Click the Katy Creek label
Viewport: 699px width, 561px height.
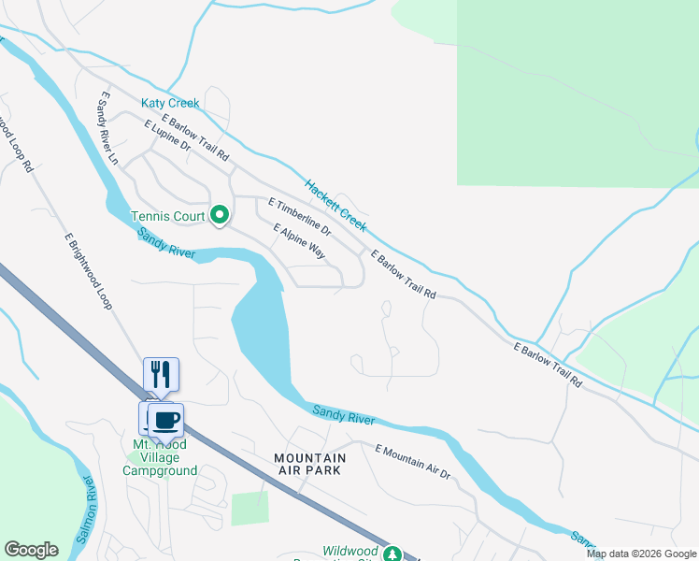[170, 103]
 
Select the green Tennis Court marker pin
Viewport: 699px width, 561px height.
[220, 216]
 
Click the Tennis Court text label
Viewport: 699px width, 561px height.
[167, 217]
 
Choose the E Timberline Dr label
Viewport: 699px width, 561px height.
[299, 215]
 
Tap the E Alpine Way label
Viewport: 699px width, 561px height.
[300, 241]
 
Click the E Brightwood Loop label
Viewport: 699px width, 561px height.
[88, 271]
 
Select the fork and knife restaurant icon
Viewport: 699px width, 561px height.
[161, 374]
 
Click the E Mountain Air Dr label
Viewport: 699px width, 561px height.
[412, 462]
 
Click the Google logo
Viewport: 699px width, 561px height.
[31, 550]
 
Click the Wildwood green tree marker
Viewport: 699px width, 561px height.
[393, 554]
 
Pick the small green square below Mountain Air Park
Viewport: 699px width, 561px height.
[250, 508]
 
